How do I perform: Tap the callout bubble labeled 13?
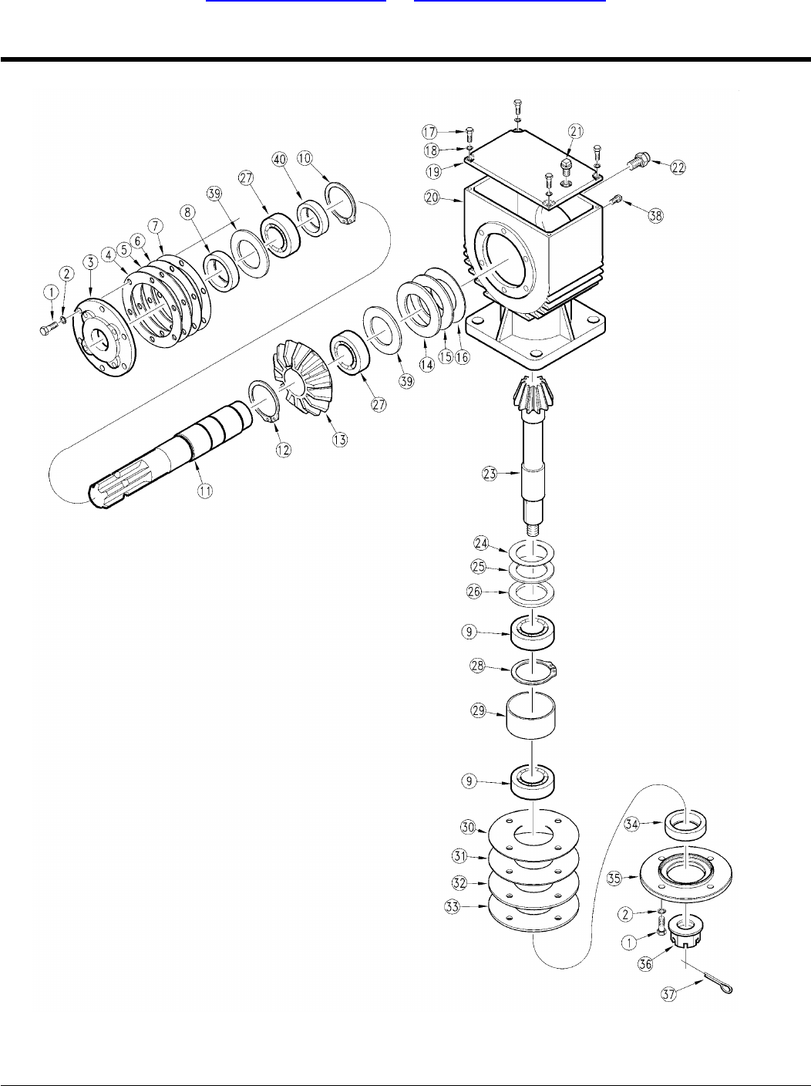coord(339,439)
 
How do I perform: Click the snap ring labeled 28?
coord(537,669)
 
